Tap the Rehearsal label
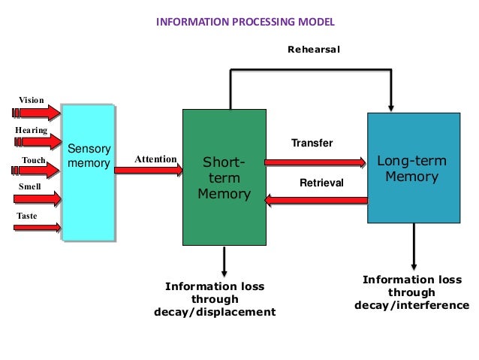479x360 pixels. click(x=314, y=50)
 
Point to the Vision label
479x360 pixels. click(x=31, y=99)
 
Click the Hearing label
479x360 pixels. click(x=31, y=130)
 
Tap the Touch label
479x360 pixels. click(x=34, y=160)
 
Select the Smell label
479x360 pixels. click(x=29, y=185)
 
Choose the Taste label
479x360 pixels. click(x=27, y=216)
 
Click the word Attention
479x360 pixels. click(x=155, y=159)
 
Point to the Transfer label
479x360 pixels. click(x=311, y=143)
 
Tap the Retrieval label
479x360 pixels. click(x=321, y=183)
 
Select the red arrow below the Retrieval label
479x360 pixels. click(x=316, y=199)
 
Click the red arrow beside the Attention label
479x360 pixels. click(x=148, y=171)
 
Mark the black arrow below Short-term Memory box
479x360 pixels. click(x=224, y=261)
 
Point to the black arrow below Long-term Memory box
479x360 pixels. click(x=413, y=247)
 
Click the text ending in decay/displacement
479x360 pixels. click(x=215, y=299)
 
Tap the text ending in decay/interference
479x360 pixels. click(x=411, y=292)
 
